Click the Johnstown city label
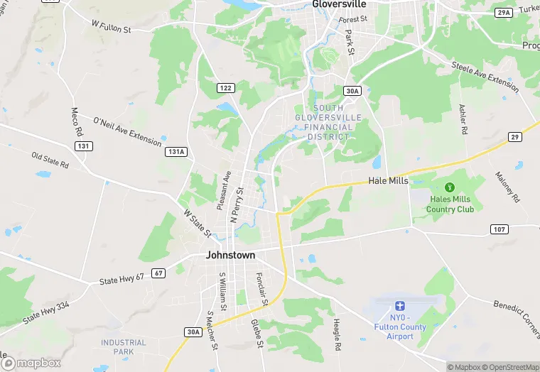tap(230, 255)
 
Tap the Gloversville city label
tap(339, 4)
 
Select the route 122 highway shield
tap(225, 88)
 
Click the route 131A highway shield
tap(175, 151)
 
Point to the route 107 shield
tap(499, 229)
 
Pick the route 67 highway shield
tap(158, 273)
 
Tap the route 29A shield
tap(503, 13)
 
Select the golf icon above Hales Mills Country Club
tap(449, 187)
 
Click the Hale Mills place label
tap(388, 181)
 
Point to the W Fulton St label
tap(112, 26)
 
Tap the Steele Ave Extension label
tap(485, 76)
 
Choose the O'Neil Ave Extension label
tap(127, 130)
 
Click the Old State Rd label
tap(50, 160)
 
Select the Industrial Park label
tap(124, 347)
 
